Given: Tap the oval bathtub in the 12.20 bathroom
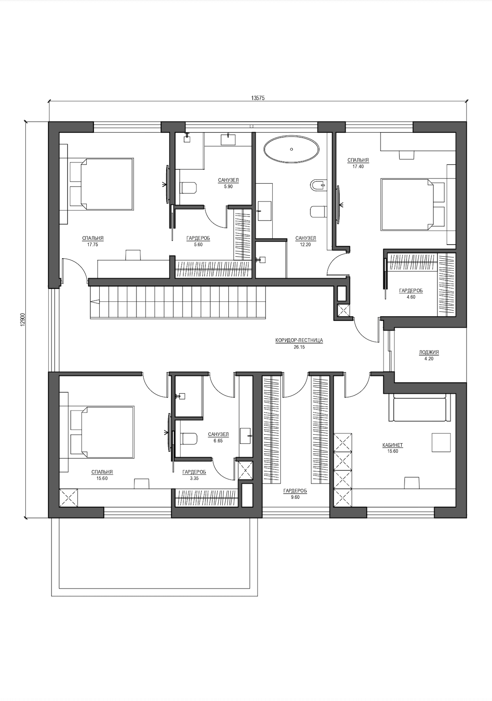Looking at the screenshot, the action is [291, 149].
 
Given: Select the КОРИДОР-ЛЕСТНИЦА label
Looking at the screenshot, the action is [299, 340].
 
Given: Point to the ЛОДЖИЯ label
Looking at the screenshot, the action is [429, 352].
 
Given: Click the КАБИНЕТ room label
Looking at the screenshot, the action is [392, 445].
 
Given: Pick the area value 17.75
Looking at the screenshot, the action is [93, 244].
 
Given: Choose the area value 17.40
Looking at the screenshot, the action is [358, 166].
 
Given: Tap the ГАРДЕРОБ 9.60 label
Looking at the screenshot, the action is [295, 494].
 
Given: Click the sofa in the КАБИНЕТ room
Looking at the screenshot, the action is [420, 409].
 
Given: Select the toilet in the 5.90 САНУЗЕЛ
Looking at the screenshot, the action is [188, 188].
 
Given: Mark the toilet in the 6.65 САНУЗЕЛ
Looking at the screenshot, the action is [188, 438].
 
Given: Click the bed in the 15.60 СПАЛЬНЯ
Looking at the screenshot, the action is [102, 432].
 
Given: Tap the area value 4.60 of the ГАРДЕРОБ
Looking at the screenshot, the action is [411, 297].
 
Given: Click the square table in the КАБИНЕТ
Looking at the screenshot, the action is [441, 442].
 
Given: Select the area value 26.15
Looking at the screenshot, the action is [299, 346].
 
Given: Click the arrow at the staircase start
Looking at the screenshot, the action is [95, 302].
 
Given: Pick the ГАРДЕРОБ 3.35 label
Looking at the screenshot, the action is [194, 475].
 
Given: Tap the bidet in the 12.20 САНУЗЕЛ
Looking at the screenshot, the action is [318, 185].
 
